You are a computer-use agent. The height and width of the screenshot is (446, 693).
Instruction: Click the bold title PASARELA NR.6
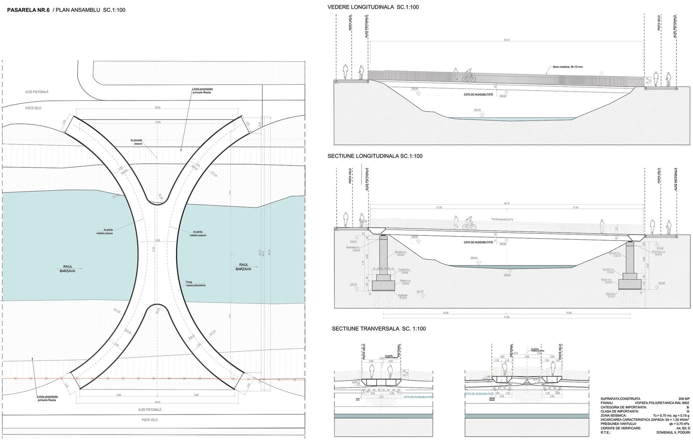click(28, 10)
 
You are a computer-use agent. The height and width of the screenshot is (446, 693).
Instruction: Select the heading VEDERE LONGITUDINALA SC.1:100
click(373, 7)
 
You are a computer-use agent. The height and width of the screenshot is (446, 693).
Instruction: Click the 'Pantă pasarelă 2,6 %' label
click(502, 219)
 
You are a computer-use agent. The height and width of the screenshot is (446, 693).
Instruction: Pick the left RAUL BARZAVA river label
click(68, 269)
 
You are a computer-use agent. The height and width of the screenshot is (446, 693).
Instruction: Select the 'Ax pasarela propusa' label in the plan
click(136, 142)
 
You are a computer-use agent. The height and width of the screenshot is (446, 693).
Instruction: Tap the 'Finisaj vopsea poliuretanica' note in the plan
click(195, 283)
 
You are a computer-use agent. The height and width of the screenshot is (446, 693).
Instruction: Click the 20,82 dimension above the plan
click(158, 108)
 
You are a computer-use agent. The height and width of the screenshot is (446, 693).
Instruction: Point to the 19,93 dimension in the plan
click(158, 122)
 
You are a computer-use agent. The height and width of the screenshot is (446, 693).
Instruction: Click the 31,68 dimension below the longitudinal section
click(507, 317)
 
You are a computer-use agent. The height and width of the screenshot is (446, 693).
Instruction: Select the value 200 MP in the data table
click(684, 399)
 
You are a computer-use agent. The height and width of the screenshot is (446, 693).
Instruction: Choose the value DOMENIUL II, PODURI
click(673, 432)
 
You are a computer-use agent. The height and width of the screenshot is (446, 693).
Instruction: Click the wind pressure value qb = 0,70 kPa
click(678, 424)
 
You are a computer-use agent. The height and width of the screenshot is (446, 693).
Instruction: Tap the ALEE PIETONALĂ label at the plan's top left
click(37, 92)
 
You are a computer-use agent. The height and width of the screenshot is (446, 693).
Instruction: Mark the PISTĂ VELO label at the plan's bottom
click(150, 420)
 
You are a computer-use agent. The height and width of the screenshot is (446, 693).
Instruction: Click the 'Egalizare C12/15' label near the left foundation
click(403, 297)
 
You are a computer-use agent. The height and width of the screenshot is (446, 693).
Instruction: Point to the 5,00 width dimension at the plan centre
click(158, 241)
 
